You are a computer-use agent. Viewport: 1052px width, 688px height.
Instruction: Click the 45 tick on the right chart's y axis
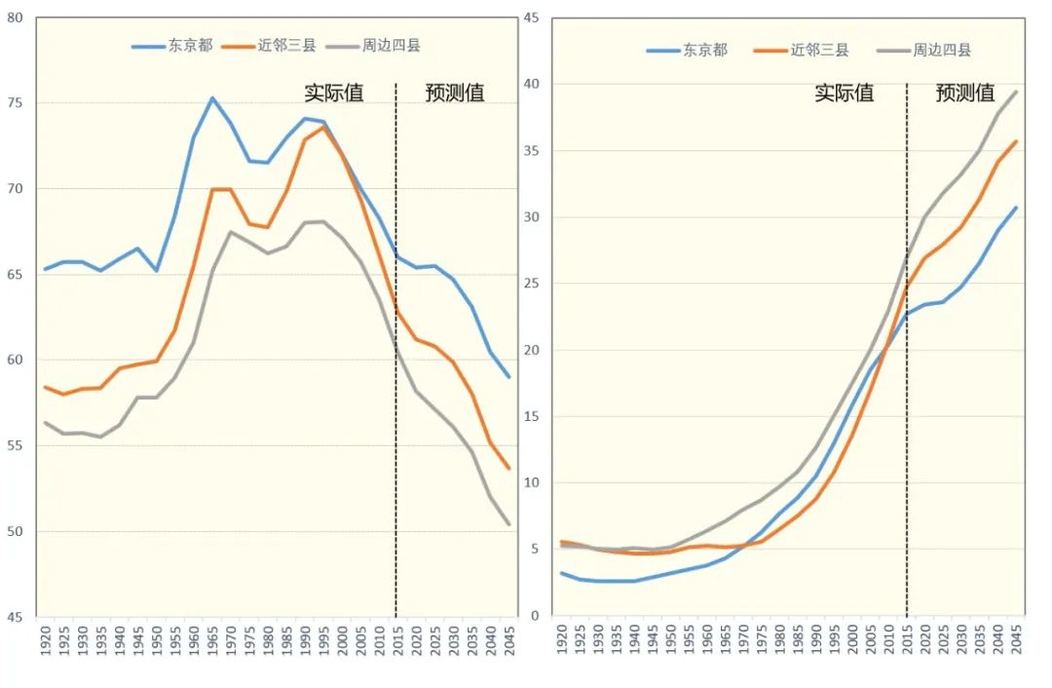coord(532,18)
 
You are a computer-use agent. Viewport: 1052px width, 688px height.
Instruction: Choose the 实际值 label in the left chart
coord(334,93)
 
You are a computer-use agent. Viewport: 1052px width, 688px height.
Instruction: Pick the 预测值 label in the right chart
coord(965,93)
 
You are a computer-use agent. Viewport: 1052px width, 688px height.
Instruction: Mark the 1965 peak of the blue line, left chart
coord(212,97)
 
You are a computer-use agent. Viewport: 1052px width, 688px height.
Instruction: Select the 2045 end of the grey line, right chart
coord(1017,92)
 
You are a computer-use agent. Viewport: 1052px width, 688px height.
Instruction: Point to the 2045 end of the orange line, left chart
coord(508,469)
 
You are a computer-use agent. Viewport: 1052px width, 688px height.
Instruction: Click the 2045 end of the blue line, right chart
coord(1017,207)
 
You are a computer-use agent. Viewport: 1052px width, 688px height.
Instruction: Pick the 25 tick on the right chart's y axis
coord(532,284)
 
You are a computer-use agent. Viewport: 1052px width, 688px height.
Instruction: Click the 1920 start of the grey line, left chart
coord(45,422)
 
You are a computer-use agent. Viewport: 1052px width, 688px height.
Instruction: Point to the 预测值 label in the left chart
coord(455,93)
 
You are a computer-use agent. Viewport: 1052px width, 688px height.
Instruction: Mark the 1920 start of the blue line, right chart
coord(562,573)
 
